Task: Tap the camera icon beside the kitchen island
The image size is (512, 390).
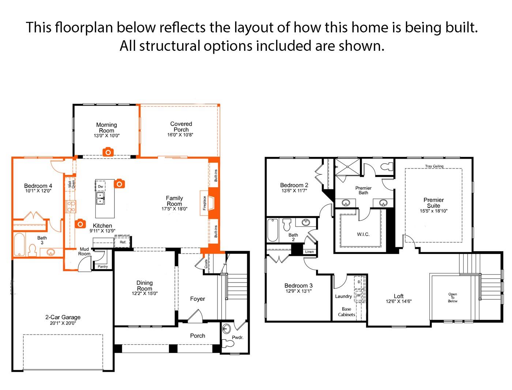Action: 120,183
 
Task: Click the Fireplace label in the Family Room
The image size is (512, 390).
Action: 205,203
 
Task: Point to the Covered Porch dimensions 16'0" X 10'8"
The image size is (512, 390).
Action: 180,135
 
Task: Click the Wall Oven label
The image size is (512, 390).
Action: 71,184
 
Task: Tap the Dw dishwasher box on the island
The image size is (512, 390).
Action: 100,186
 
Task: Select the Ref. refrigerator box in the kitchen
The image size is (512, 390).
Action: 123,242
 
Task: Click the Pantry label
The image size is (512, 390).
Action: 103,266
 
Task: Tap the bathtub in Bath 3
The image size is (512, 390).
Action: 19,245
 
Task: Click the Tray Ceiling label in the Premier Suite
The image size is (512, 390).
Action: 434,166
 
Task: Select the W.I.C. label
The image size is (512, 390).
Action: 363,234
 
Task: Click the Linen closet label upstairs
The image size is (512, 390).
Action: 309,252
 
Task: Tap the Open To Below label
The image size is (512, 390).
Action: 452,298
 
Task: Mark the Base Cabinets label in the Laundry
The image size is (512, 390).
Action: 346,312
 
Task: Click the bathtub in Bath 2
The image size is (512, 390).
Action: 272,230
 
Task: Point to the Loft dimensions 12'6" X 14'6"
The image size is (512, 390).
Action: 399,302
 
